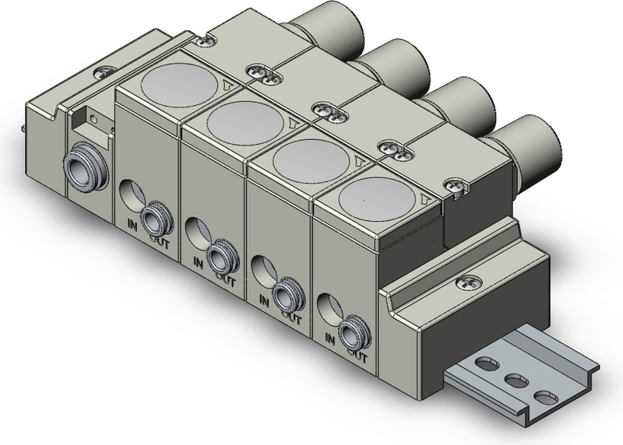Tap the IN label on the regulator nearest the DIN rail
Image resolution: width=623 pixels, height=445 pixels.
(329, 338)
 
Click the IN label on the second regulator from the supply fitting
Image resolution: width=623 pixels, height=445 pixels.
(198, 263)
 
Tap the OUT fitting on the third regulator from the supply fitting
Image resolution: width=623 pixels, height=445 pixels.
(284, 294)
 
